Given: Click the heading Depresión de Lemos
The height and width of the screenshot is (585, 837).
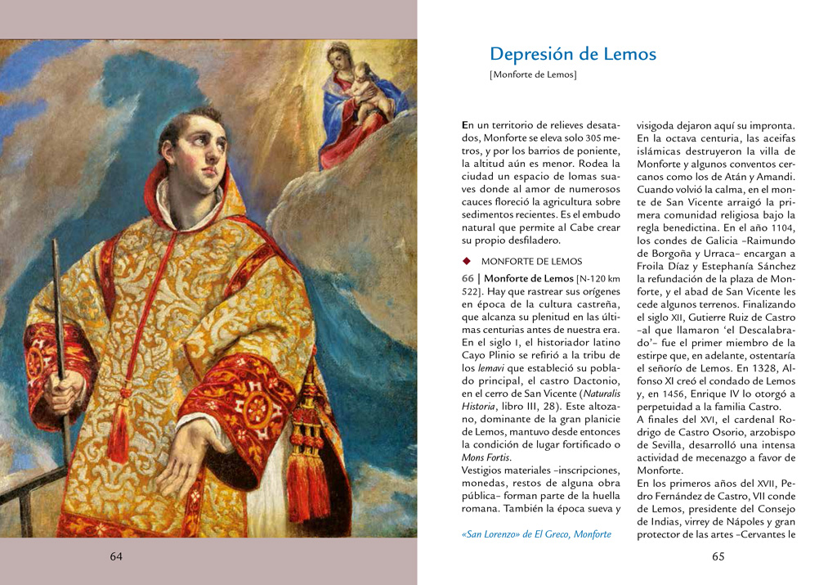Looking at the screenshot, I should (572, 55).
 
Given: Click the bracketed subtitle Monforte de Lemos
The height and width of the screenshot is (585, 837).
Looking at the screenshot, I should (533, 75).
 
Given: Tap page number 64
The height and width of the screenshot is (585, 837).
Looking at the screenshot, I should (116, 556).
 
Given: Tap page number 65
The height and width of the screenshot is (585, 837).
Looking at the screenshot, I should (718, 556).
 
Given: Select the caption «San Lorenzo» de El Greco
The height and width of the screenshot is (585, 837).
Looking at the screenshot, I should (536, 534).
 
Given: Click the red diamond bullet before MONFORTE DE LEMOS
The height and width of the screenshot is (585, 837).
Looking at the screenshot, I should (467, 262).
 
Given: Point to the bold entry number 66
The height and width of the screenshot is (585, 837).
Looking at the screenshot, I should (469, 278).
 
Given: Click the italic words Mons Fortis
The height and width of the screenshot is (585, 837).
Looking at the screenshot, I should (486, 457).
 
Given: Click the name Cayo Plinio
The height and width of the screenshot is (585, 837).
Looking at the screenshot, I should (488, 354).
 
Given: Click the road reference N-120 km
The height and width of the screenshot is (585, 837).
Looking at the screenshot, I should (600, 279).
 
